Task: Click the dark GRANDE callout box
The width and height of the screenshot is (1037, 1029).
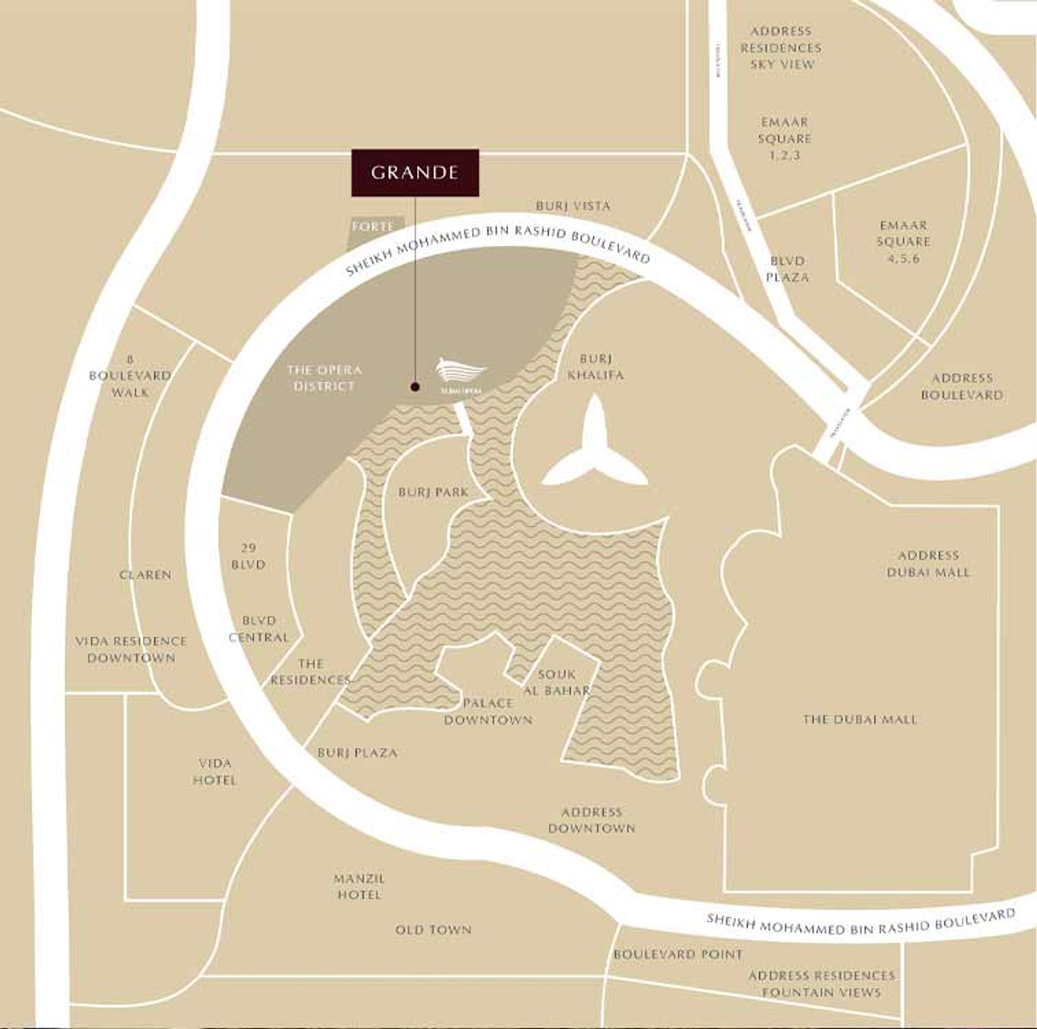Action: [415, 173]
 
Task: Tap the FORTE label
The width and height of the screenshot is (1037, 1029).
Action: [372, 227]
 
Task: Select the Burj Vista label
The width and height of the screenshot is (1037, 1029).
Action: [573, 206]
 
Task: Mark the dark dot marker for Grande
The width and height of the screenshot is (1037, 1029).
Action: [414, 387]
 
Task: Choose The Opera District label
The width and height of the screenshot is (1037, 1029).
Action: [324, 378]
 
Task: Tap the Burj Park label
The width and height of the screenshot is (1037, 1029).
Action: [434, 492]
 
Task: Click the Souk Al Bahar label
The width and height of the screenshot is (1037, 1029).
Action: [556, 683]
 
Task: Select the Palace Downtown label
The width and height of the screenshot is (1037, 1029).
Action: [488, 712]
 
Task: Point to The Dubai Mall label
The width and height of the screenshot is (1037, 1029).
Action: [860, 719]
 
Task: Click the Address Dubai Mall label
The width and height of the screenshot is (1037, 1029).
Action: [928, 564]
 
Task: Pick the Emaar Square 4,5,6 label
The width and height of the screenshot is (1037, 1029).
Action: [904, 241]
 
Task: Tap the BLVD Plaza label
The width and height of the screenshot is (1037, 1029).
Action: [787, 269]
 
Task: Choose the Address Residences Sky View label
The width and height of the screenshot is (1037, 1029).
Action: [781, 48]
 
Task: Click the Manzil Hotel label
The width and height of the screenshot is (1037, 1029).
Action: [359, 887]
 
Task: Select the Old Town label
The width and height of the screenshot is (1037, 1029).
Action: [433, 930]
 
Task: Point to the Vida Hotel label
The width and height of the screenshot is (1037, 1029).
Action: [215, 772]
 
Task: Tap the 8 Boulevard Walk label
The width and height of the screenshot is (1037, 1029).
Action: [130, 376]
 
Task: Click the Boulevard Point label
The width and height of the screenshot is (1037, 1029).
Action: [678, 954]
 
